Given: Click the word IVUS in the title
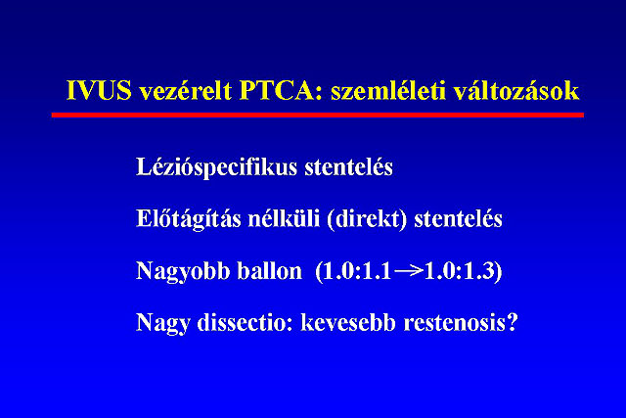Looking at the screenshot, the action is pos(99,90).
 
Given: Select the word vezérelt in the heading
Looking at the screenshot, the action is pos(185,89).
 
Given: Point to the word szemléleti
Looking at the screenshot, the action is pos(388,89).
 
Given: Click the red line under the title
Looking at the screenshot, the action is pos(317,116).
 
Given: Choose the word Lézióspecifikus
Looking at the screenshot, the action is pos(217,167).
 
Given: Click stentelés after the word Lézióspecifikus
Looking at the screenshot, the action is pos(348,166).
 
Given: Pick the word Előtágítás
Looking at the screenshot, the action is pos(188,219).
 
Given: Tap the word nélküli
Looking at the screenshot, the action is pos(284,218).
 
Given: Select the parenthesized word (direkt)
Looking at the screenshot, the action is pos(367,219).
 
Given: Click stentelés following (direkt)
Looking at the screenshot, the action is pos(458,218).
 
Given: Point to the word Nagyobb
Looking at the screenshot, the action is pos(183,271).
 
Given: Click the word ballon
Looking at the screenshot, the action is pos(270,270).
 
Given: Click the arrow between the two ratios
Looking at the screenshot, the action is pos(409,271).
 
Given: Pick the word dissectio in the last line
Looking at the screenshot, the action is pos(245,322).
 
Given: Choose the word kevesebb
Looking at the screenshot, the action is pos(348,322).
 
